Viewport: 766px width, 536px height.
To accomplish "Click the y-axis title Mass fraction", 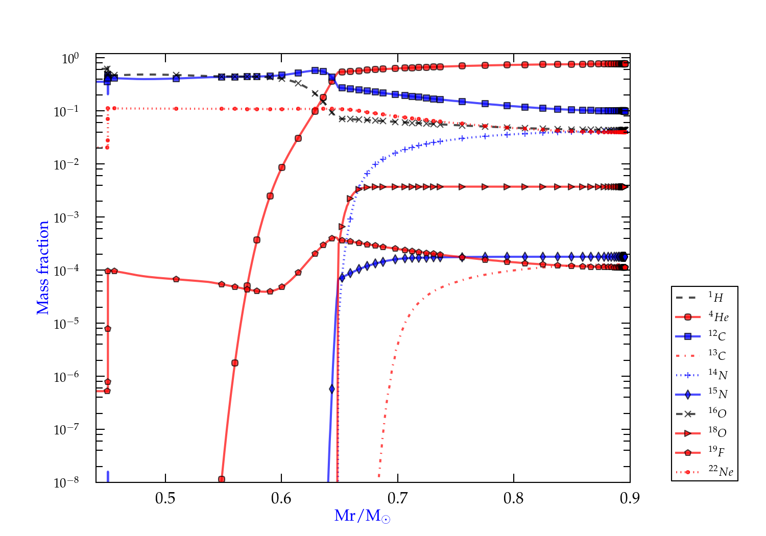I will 43,268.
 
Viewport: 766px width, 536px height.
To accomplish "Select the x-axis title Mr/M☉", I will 362,516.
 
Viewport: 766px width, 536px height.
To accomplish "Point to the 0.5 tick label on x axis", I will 165,498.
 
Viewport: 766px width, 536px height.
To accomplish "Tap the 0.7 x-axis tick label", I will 397,498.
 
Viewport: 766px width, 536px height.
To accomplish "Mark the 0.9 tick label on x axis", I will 630,498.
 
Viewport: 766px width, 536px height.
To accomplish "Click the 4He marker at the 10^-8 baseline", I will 222,479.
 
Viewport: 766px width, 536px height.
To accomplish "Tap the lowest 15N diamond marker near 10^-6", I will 332,389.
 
